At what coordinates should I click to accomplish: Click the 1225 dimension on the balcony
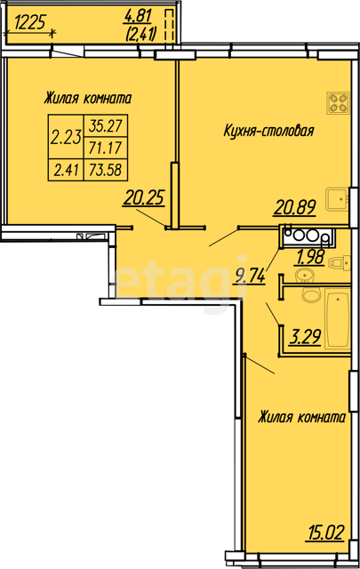pyautogui.click(x=30, y=22)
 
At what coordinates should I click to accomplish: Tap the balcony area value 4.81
pyautogui.click(x=138, y=16)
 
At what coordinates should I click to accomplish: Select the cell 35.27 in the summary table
pyautogui.click(x=105, y=126)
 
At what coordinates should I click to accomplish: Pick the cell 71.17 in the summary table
pyautogui.click(x=105, y=148)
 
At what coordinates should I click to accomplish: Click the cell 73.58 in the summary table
pyautogui.click(x=105, y=170)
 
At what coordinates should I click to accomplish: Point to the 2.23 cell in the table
pyautogui.click(x=66, y=137)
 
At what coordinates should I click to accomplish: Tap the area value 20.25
pyautogui.click(x=144, y=198)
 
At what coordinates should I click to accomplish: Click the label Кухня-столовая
pyautogui.click(x=268, y=131)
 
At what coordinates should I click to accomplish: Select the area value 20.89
pyautogui.click(x=295, y=207)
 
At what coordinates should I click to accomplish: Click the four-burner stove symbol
pyautogui.click(x=339, y=103)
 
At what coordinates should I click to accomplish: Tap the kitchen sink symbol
pyautogui.click(x=337, y=199)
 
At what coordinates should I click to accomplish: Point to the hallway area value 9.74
pyautogui.click(x=250, y=276)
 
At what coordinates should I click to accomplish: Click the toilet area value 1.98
pyautogui.click(x=310, y=257)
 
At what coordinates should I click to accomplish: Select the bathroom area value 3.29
pyautogui.click(x=305, y=337)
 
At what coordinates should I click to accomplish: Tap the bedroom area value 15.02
pyautogui.click(x=325, y=533)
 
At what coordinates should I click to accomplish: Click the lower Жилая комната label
pyautogui.click(x=301, y=417)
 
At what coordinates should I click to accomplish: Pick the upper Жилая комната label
pyautogui.click(x=87, y=99)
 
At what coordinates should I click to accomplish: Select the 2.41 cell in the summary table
pyautogui.click(x=66, y=170)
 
